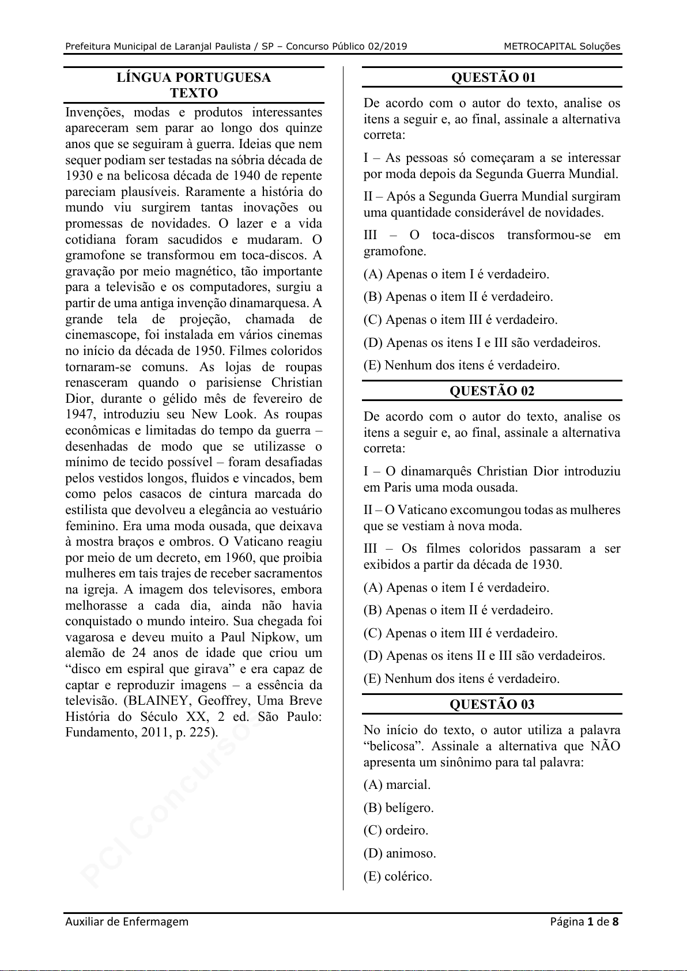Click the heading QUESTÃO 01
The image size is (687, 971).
[493, 78]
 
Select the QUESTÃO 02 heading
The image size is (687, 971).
[492, 391]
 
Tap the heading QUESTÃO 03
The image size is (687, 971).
[492, 705]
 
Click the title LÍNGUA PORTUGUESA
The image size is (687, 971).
[194, 78]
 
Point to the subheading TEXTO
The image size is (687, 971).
[194, 93]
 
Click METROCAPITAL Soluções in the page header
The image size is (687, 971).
[561, 47]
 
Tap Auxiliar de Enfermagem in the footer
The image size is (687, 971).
[127, 921]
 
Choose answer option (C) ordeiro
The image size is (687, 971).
[396, 830]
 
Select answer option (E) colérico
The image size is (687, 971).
[398, 876]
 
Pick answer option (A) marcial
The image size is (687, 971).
[397, 785]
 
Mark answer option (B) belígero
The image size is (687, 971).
[398, 808]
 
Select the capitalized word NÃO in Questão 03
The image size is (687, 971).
[605, 746]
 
